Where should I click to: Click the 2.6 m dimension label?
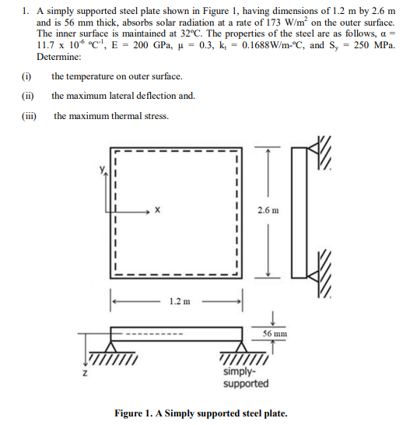[268, 211]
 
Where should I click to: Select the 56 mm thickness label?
[275, 333]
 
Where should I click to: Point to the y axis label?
[101, 169]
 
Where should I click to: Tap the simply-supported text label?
[246, 378]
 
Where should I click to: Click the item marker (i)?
[26, 76]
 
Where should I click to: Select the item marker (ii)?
[27, 96]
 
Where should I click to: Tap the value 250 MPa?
[374, 45]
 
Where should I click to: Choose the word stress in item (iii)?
[154, 116]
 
